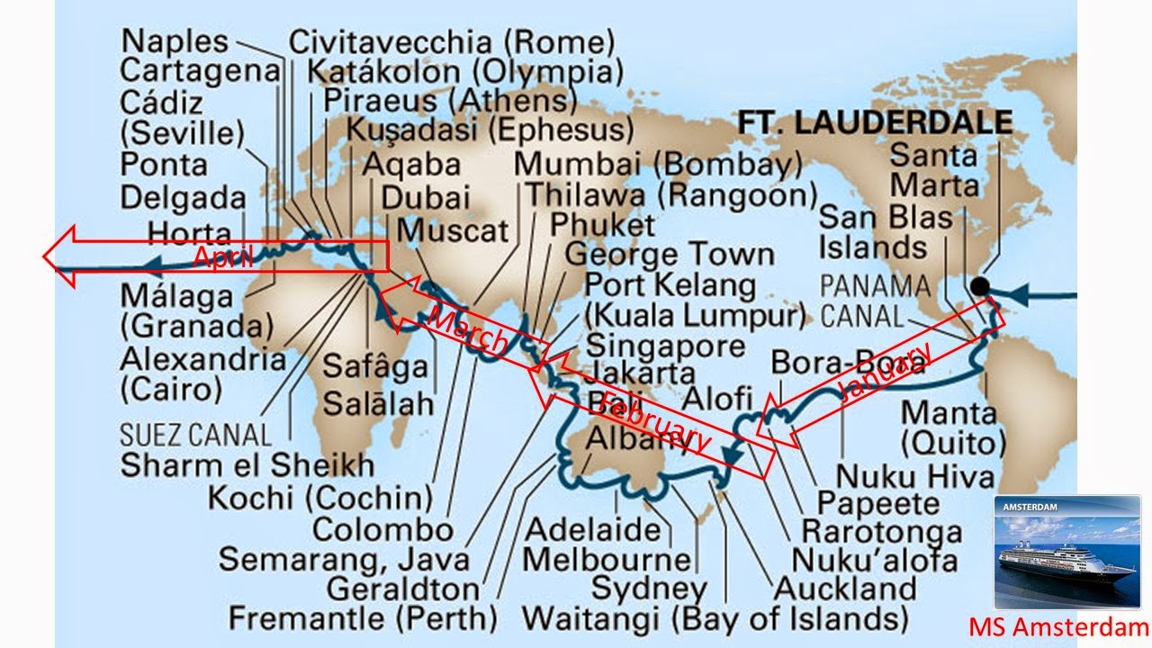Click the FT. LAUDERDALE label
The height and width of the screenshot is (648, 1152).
point(875,122)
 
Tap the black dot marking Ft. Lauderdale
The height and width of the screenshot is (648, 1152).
point(980,286)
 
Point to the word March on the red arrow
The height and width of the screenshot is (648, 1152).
point(465,330)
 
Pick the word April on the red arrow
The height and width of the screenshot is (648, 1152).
point(219,258)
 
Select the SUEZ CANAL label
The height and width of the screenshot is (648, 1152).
point(195,436)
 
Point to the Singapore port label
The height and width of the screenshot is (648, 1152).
point(665,346)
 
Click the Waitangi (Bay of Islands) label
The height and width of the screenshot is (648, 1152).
point(715,619)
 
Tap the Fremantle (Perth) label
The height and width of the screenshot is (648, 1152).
point(363,619)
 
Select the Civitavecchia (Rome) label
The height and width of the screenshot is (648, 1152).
point(452,41)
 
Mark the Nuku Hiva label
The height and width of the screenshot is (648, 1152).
point(914,476)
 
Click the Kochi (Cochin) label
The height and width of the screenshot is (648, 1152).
point(320,497)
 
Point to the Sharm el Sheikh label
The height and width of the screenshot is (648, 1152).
point(247,465)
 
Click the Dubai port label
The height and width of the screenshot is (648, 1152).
point(426,197)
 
